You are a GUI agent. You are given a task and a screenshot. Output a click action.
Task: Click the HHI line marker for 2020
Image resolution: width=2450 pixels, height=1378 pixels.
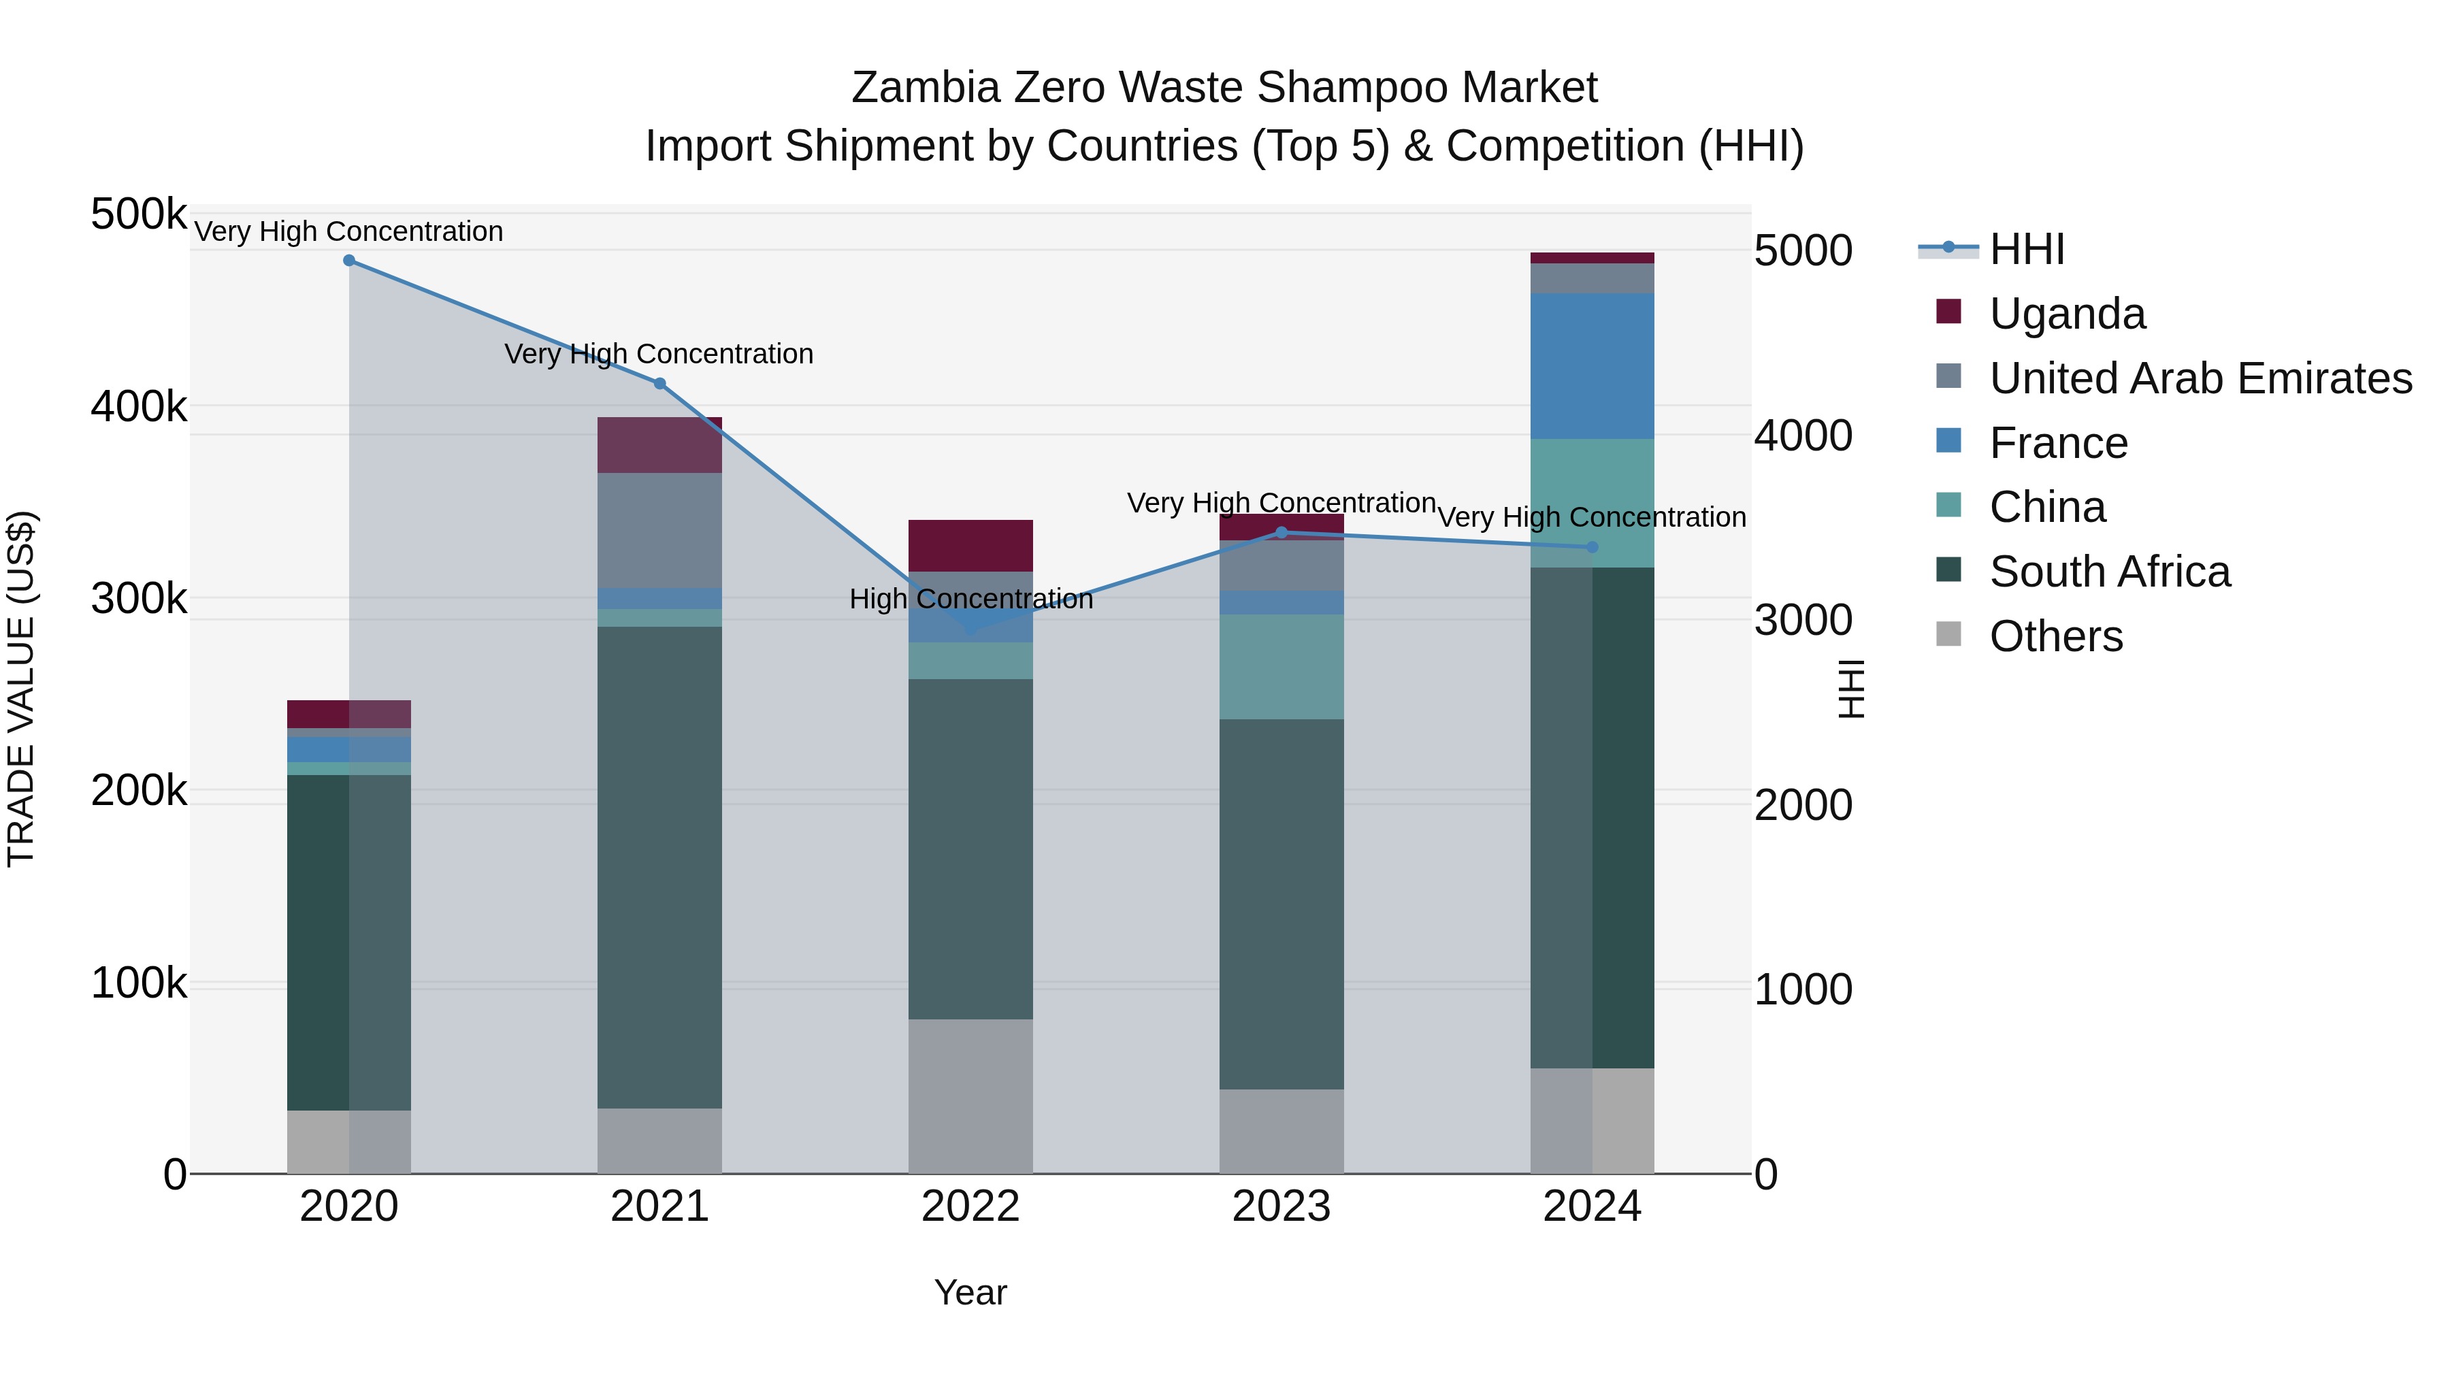point(349,261)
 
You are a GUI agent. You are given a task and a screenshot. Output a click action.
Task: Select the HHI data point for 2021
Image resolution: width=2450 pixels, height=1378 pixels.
point(660,383)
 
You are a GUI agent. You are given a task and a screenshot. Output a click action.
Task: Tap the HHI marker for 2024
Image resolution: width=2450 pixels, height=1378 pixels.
point(1592,547)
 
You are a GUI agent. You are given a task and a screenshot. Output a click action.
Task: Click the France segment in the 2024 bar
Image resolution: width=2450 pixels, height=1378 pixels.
point(1592,366)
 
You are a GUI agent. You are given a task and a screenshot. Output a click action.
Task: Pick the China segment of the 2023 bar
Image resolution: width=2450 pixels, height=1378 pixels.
point(1281,667)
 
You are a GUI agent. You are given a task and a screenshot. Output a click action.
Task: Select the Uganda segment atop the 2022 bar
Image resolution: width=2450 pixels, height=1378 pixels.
point(970,546)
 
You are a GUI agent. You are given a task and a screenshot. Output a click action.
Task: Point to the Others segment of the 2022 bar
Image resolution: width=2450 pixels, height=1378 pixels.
point(970,1096)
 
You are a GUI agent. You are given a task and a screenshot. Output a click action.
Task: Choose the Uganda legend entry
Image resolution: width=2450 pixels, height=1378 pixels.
point(2067,314)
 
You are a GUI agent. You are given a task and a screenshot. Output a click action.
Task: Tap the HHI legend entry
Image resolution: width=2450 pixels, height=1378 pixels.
point(2026,249)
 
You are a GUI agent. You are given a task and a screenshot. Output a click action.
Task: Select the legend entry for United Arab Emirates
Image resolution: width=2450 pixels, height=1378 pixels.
point(2200,378)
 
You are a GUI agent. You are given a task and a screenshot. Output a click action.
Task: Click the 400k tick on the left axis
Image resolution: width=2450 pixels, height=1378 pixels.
point(139,407)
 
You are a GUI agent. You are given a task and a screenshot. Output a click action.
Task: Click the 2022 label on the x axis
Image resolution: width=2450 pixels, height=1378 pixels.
point(970,1207)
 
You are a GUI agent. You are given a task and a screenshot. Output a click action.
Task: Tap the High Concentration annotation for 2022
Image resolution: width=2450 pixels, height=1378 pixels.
point(970,599)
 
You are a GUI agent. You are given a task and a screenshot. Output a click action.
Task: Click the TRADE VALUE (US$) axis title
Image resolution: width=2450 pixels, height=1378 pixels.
point(21,689)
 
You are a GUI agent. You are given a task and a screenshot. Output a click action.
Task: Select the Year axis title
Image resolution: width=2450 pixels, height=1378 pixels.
point(970,1292)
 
